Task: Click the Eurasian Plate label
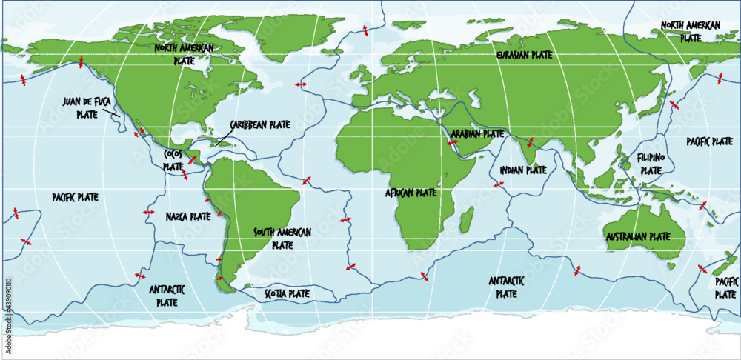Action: point(524,55)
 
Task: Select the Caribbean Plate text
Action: point(259,124)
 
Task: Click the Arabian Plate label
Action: point(477,134)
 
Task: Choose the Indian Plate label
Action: point(522,170)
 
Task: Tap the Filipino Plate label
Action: point(651,164)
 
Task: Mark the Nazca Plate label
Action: point(188,217)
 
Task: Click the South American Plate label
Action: point(282,237)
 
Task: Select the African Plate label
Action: point(411,193)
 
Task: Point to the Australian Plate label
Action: point(637,236)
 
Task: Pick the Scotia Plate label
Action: point(287,293)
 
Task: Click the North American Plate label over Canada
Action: point(184,52)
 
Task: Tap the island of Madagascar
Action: point(466,219)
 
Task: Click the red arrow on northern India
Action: point(531,141)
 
